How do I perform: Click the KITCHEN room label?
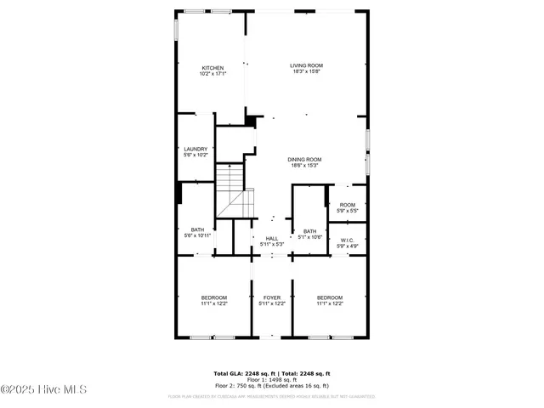212,68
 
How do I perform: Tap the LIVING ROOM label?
306,65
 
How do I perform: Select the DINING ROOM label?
303,160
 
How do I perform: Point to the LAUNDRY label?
195,150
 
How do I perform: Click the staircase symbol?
232,191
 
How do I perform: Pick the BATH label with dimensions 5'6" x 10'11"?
197,229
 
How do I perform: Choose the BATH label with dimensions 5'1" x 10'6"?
309,231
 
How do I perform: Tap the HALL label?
271,239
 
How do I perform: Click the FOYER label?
271,297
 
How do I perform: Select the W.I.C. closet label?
347,241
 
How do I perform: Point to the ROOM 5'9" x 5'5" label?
347,205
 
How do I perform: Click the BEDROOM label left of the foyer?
213,297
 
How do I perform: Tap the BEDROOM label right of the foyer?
330,297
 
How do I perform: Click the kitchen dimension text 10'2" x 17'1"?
212,74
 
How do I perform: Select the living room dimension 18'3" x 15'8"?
306,71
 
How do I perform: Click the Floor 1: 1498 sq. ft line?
271,379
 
